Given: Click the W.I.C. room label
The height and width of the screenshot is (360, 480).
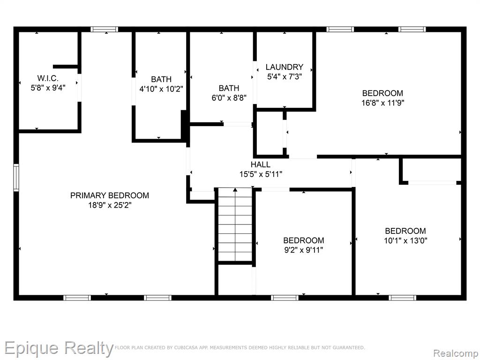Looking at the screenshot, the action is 48,78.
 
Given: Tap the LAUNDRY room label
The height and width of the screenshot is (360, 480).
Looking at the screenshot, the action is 285,67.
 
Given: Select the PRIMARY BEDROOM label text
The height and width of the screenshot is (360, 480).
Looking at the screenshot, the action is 110,195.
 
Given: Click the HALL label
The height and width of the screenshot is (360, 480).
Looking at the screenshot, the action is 261,165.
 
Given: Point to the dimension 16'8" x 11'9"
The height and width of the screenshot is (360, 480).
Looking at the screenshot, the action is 382,103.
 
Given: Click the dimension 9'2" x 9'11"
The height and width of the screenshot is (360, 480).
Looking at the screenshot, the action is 304,250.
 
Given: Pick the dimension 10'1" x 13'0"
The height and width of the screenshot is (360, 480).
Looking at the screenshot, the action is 405,240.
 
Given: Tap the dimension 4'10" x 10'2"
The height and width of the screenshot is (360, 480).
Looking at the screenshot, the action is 161,89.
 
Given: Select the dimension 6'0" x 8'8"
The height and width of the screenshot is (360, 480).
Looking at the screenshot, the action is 229,97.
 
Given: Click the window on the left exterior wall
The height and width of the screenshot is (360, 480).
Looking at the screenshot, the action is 16,178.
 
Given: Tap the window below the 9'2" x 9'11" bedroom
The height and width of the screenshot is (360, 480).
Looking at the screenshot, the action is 285,298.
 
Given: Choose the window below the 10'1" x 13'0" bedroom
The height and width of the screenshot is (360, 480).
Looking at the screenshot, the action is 403,298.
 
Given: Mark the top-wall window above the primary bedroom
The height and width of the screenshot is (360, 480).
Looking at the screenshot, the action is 104,30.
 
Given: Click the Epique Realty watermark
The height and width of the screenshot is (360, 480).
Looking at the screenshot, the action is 59,348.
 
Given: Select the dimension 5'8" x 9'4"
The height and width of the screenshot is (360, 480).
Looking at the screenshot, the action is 48,88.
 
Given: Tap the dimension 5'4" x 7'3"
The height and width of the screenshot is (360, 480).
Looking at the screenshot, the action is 285,76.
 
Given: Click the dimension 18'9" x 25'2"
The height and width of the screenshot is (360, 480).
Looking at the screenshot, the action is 110,205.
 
